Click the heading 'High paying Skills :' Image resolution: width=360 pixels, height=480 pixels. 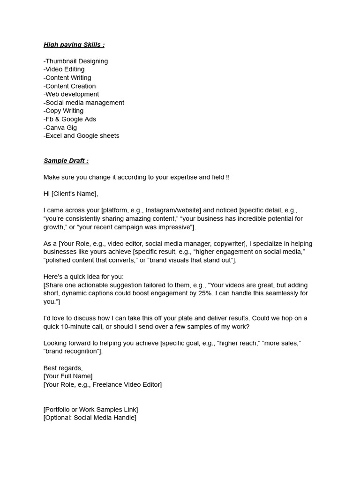pos(74,45)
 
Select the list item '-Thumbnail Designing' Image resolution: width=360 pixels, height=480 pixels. pos(75,61)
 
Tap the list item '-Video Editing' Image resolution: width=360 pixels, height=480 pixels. pos(64,69)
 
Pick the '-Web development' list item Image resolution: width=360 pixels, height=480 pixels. pos(71,94)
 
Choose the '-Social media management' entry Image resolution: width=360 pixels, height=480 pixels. pos(84,103)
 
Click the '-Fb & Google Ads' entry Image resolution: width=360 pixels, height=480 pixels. pos(70,119)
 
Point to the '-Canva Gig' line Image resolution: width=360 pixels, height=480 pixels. pos(60,127)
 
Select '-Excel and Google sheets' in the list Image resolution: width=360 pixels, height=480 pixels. pos(82,136)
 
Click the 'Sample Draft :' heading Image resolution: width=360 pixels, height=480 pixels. pos(66,161)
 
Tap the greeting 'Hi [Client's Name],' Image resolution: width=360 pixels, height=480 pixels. pos(71,194)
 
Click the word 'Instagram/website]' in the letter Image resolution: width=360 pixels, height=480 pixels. pos(173,210)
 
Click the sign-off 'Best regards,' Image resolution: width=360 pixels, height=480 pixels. pos(63,368)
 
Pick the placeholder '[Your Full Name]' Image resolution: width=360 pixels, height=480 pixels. pos(68,376)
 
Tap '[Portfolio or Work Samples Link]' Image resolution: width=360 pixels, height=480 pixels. pos(90,410)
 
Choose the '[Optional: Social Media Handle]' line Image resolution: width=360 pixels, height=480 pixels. pos(90,418)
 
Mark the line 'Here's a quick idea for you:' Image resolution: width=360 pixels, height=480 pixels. pos(83,277)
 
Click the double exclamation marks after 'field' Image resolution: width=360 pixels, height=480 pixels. pos(228,177)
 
